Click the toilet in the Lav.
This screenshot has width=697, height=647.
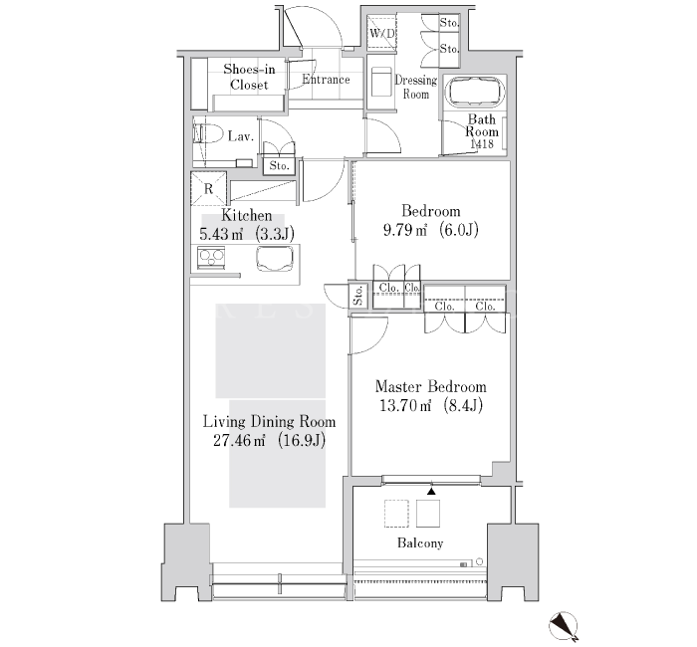click(x=207, y=133)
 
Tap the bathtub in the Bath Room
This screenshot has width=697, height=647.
click(x=477, y=92)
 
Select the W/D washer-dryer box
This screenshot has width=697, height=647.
click(x=381, y=33)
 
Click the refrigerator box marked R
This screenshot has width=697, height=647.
click(x=208, y=189)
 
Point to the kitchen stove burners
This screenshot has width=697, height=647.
click(x=210, y=257)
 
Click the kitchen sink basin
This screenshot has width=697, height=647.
click(x=274, y=259)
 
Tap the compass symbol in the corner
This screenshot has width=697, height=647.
click(x=564, y=626)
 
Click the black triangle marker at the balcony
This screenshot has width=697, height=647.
click(x=431, y=491)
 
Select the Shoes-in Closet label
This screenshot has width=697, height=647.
click(x=249, y=77)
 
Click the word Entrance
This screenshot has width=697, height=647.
click(x=326, y=80)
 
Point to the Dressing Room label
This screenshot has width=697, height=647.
click(x=416, y=88)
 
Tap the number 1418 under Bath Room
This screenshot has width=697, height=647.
click(x=482, y=144)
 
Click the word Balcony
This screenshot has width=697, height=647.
click(x=420, y=543)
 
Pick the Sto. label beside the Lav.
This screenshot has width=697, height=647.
click(x=279, y=166)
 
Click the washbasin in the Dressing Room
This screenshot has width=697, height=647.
click(x=381, y=82)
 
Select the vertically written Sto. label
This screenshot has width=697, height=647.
click(x=358, y=295)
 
